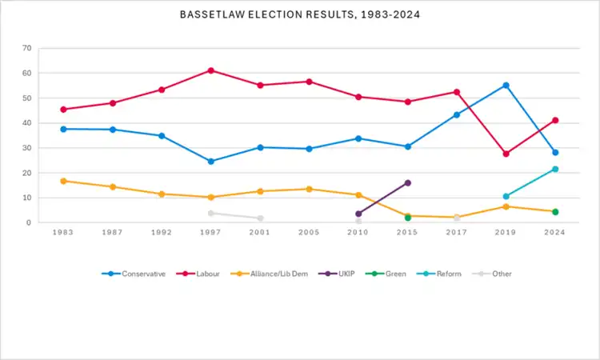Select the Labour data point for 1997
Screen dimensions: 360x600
[211, 70]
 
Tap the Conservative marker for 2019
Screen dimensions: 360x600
[506, 85]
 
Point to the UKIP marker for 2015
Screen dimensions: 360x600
[408, 182]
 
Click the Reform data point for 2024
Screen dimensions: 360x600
[554, 169]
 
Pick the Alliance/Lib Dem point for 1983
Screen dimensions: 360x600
[63, 181]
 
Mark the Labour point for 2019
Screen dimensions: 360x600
[506, 154]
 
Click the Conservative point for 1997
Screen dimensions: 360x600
[211, 161]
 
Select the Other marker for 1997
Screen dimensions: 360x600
[211, 213]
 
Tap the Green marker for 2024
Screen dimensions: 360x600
[554, 212]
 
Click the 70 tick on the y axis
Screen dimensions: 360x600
[26, 48]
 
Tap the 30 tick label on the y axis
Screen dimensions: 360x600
[26, 148]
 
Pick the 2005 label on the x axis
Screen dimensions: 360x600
[310, 232]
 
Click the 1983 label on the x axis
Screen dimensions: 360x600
[63, 232]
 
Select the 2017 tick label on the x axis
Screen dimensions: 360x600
[457, 232]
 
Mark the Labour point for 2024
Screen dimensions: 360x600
[554, 120]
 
